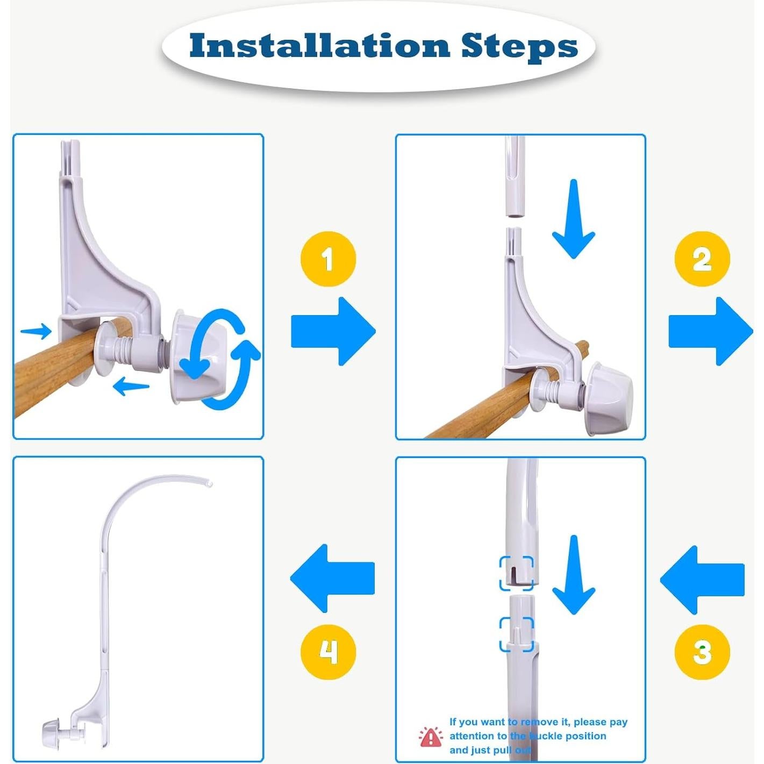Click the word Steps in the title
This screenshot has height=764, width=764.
point(519,47)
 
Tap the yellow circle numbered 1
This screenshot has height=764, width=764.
point(328,260)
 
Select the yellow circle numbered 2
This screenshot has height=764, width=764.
point(702,260)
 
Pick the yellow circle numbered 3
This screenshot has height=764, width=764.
point(702,652)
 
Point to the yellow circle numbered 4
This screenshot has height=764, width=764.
point(328,652)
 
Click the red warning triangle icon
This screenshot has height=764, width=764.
point(431,737)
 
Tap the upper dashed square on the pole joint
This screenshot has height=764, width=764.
point(517,573)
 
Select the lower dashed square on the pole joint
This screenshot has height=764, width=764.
point(517,634)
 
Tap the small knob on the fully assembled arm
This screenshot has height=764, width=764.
point(52,732)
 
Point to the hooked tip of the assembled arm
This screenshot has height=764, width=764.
point(209,483)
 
